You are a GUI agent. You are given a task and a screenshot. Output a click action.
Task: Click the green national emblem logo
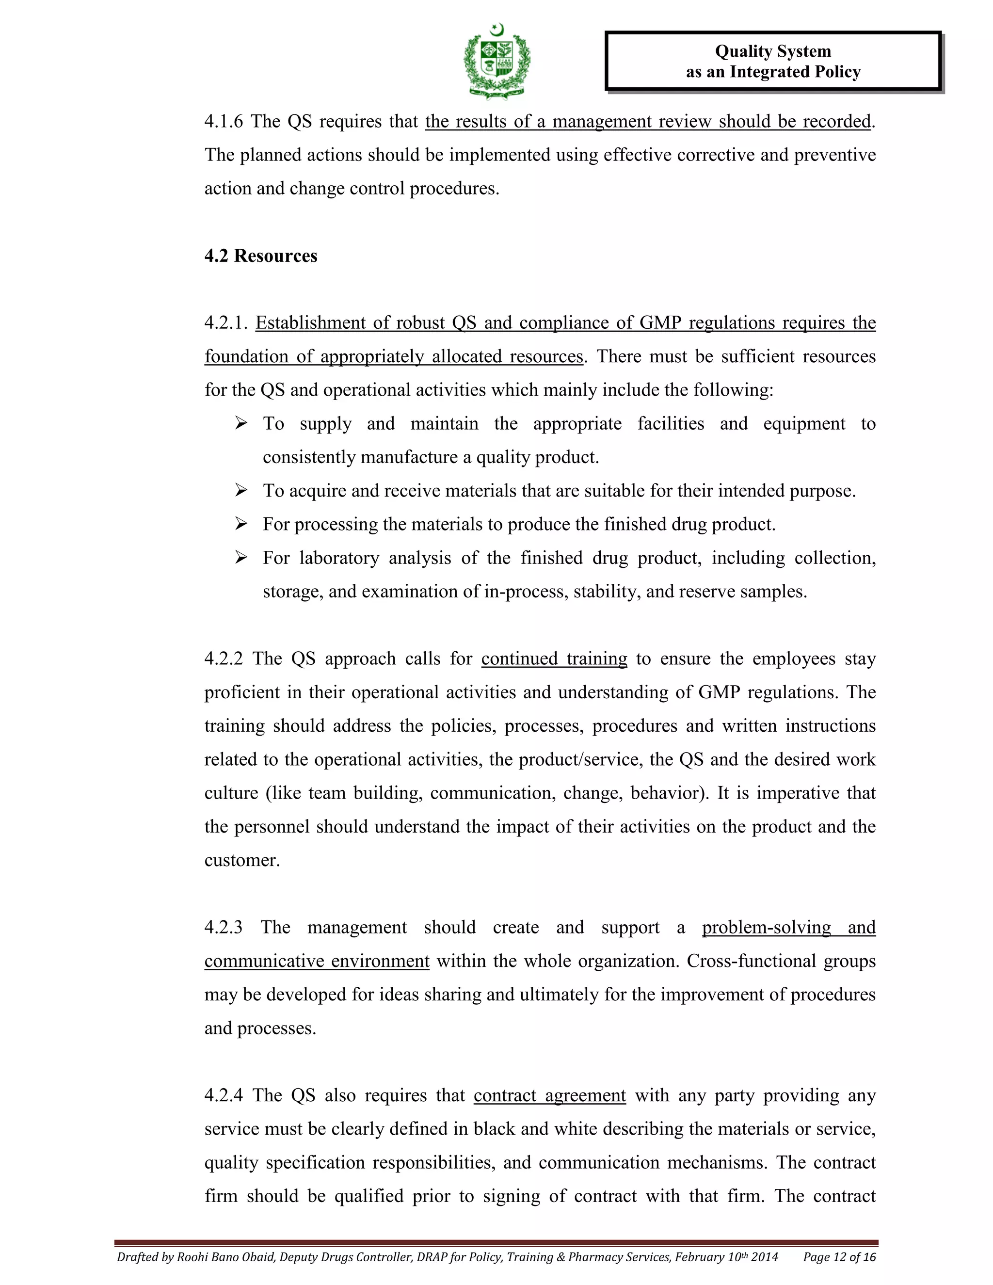(497, 62)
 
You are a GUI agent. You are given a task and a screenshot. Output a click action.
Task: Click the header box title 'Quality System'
(772, 51)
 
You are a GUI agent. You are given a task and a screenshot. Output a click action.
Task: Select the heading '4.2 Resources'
(260, 256)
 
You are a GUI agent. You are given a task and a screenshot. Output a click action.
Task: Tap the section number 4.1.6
(224, 122)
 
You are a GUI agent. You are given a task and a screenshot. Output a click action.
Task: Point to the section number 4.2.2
(224, 659)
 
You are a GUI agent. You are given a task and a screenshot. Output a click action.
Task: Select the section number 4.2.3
(224, 927)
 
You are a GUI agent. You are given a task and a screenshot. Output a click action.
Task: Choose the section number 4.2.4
(224, 1095)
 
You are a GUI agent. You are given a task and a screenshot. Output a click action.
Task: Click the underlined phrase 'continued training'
(554, 659)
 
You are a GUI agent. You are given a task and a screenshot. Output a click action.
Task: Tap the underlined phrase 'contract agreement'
(549, 1095)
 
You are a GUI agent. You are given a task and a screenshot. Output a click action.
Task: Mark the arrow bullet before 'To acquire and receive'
(240, 490)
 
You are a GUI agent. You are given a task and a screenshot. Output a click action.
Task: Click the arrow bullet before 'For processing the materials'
(240, 524)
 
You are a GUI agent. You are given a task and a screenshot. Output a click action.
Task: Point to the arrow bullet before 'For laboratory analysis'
(240, 557)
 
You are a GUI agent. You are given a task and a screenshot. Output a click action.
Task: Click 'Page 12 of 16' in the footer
(839, 1257)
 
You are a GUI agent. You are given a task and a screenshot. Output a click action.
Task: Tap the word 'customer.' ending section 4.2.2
(242, 860)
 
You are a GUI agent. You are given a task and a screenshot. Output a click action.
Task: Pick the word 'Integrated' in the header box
(767, 72)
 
